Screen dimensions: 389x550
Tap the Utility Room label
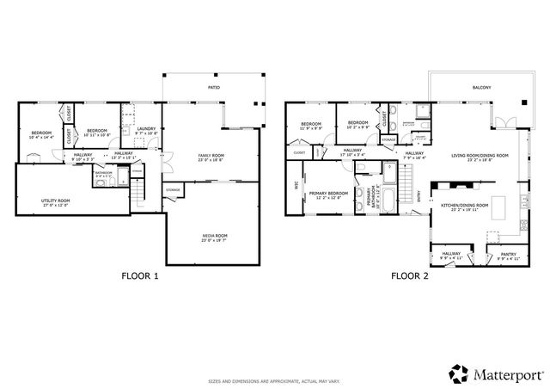tap(55, 201)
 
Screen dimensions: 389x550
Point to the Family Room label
tap(210, 156)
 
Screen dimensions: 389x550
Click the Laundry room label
tap(147, 130)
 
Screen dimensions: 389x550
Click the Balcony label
tap(481, 88)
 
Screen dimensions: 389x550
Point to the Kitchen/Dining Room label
tap(464, 207)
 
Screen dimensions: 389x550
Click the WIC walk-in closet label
tap(295, 185)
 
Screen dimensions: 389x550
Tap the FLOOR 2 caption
tap(409, 276)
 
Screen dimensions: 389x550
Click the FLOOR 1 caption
tap(139, 276)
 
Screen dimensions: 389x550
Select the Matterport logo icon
tap(457, 374)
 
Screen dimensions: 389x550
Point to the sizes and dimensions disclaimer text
tap(274, 380)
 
